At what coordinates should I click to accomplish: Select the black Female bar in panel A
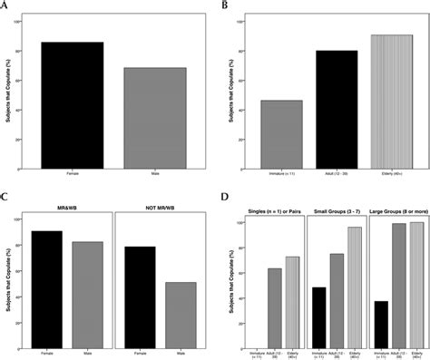72,105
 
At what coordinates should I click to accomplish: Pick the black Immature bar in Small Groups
319,317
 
